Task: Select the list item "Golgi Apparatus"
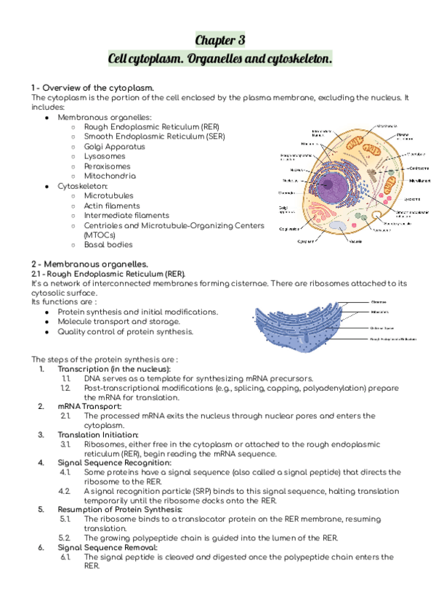click(x=114, y=146)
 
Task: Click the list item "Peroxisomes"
click(x=108, y=166)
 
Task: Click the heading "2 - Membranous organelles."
click(x=89, y=263)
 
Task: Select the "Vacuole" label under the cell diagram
click(x=356, y=240)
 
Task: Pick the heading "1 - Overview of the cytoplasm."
click(x=92, y=87)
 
